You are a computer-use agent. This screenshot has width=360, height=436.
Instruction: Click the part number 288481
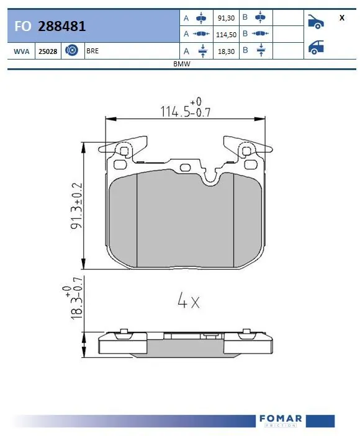click(61, 27)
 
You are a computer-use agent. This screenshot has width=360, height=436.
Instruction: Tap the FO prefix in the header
click(21, 27)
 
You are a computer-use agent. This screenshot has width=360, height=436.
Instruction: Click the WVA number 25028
click(48, 51)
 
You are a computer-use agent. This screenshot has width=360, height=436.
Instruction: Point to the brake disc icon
click(71, 51)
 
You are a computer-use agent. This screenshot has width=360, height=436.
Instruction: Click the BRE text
click(92, 51)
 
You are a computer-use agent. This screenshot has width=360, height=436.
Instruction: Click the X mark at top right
click(341, 18)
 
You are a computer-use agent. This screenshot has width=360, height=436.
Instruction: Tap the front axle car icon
click(317, 22)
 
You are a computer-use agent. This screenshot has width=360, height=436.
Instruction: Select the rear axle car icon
click(317, 47)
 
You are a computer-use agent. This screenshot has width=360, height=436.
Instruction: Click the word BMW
click(181, 65)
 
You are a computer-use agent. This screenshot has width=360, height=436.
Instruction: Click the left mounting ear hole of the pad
click(124, 150)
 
